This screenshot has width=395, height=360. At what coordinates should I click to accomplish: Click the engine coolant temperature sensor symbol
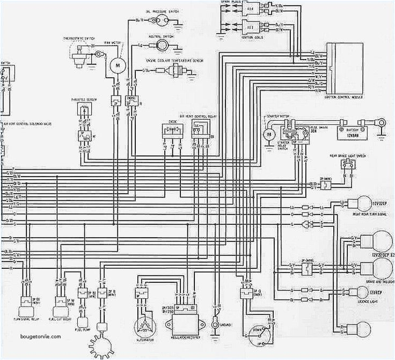tap(177, 72)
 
